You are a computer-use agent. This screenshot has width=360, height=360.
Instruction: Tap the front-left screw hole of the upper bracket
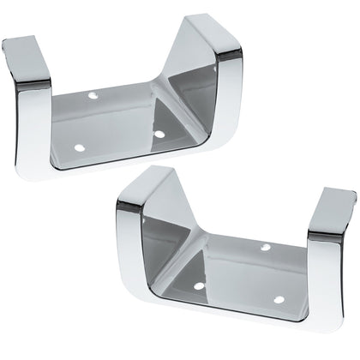coord(79,147)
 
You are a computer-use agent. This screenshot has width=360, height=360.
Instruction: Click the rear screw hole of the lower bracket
coord(266,247)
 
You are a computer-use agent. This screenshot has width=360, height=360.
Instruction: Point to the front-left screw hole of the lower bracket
coord(199,285)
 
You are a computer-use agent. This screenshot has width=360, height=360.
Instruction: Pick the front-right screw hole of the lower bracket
coord(279,300)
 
